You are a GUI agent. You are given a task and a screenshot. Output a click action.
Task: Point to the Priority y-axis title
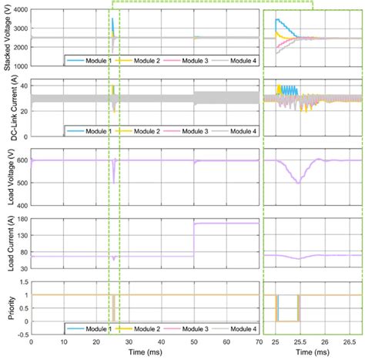[6, 308]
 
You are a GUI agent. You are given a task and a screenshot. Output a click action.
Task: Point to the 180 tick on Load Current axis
[21, 220]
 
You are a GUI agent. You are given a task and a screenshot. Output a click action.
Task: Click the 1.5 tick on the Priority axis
[22, 282]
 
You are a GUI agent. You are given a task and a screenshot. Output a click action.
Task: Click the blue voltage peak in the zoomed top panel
[276, 19]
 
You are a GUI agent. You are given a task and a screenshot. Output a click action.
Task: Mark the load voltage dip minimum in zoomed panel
[297, 183]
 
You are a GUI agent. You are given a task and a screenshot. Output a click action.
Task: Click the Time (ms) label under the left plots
[144, 352]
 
